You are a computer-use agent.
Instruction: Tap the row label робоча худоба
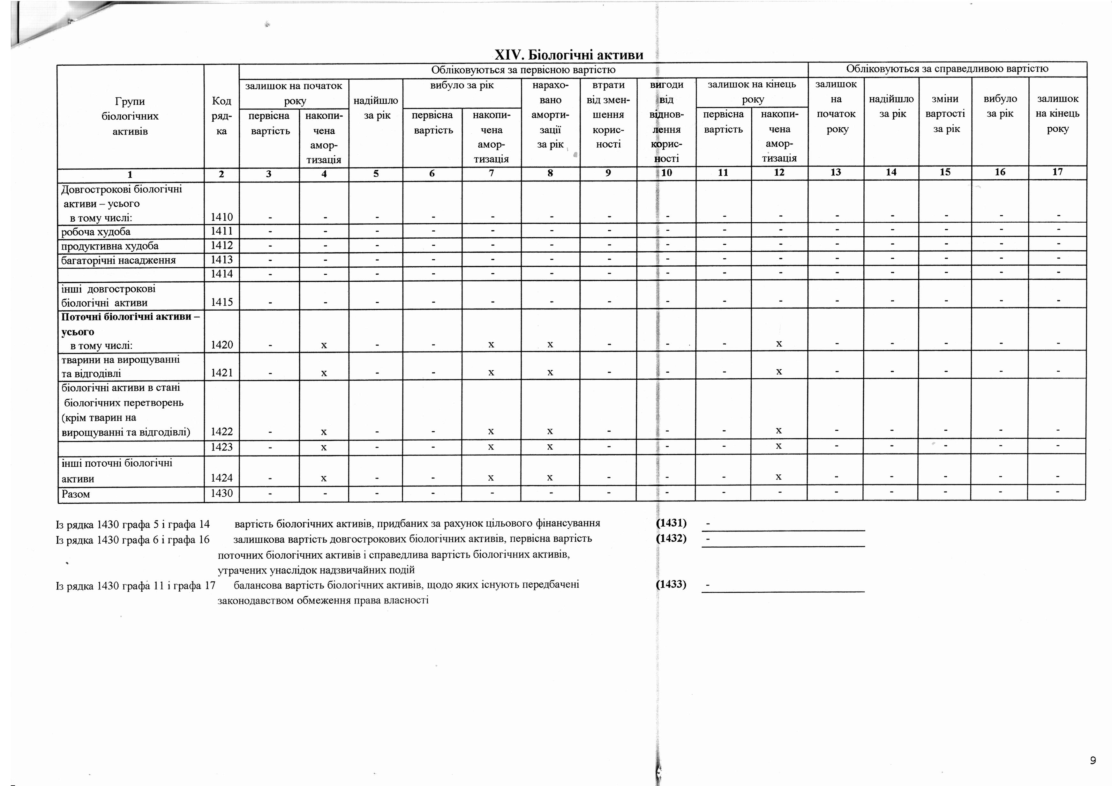pos(96,231)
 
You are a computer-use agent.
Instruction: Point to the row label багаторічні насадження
pos(119,260)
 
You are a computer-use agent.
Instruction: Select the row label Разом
pos(76,494)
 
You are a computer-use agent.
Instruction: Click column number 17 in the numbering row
pos(1057,172)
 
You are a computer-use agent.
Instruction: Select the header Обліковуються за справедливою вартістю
pos(947,69)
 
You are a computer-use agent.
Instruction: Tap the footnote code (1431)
pos(671,523)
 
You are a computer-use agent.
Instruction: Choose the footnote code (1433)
pos(671,584)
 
